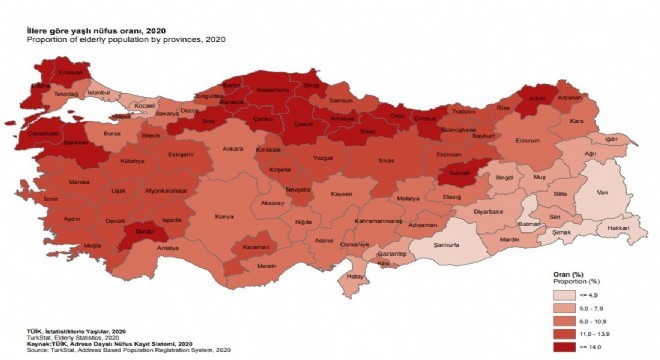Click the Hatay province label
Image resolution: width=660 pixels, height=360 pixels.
pyautogui.click(x=352, y=276)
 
